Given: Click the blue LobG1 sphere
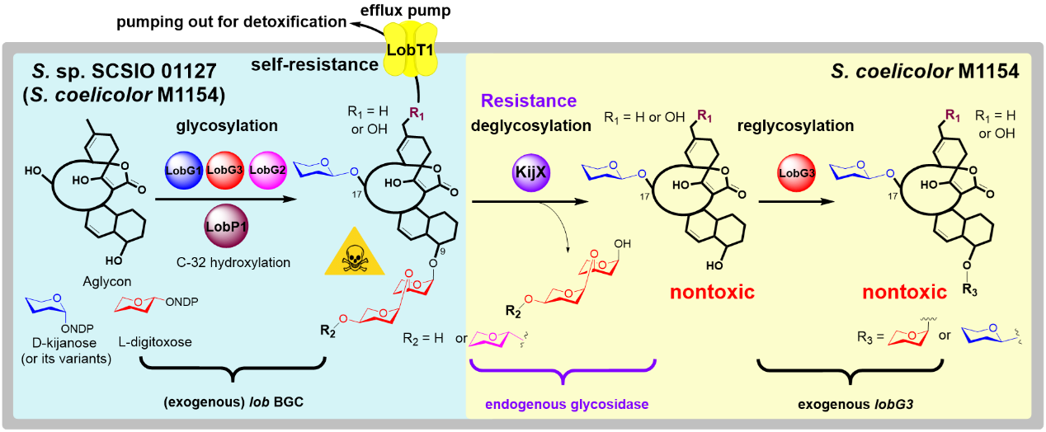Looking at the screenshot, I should [x=182, y=170].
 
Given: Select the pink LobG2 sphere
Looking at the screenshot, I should [x=266, y=170].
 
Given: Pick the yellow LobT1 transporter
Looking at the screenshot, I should [x=410, y=50].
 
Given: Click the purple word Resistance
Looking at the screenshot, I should [x=528, y=101].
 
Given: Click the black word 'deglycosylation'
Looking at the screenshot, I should [x=531, y=126].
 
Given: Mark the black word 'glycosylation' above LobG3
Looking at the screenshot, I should [x=226, y=126].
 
